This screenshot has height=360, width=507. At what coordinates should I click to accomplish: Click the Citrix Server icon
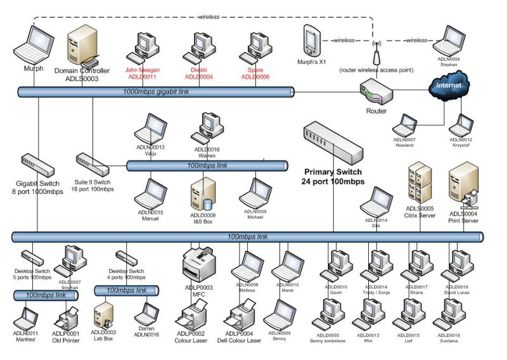click(420, 182)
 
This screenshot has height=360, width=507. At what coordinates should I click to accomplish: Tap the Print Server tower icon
click(463, 184)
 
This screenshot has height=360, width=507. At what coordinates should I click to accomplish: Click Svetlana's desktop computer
click(451, 312)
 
